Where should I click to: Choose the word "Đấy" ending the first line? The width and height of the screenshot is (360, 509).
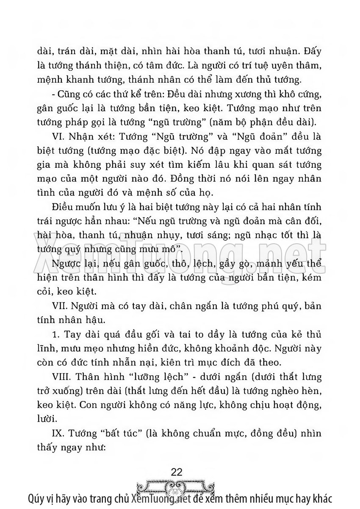[312, 52]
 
